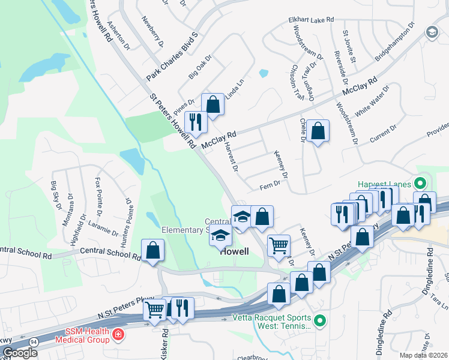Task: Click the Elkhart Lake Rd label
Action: pos(311,20)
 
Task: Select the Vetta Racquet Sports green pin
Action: pos(320,322)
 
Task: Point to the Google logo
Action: pos(19,353)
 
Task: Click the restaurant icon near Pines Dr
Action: pos(196,122)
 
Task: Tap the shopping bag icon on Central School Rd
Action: pos(153,250)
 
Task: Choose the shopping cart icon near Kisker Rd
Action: pos(155,310)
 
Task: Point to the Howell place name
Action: pos(234,252)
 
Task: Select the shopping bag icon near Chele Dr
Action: pos(318,130)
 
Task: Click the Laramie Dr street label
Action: pos(103,228)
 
